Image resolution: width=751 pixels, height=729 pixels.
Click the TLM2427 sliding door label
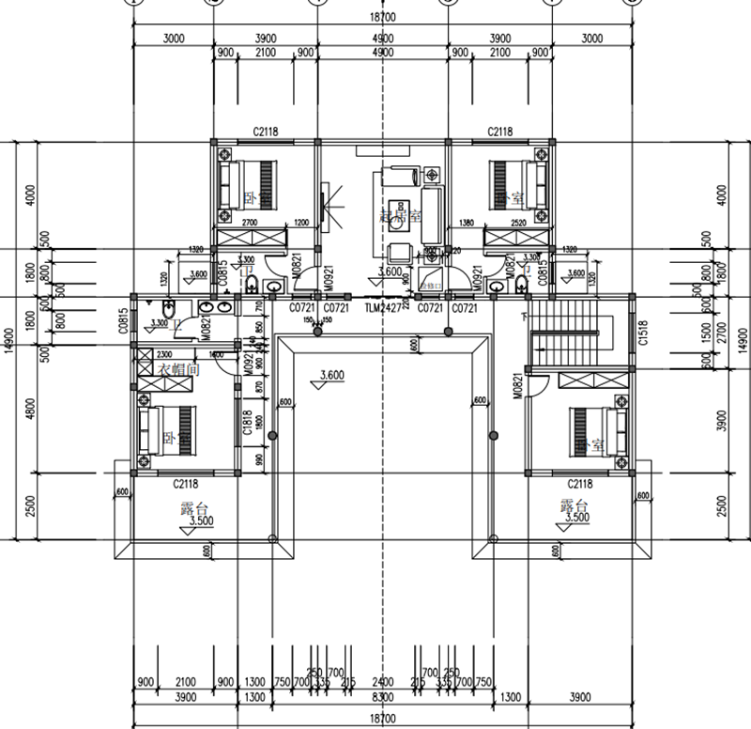(x=382, y=307)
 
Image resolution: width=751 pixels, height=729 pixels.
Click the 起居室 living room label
(x=397, y=216)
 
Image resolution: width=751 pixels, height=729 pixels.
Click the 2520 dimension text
(x=518, y=223)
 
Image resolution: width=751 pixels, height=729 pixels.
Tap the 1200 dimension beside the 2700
(x=300, y=223)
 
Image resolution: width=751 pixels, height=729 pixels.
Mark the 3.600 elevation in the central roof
(x=331, y=376)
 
